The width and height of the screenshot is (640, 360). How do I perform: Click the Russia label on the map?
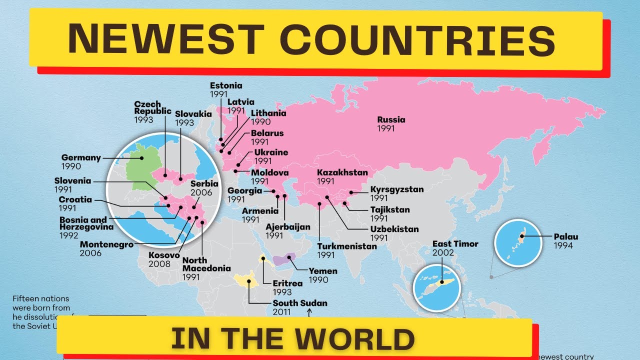[x=391, y=120]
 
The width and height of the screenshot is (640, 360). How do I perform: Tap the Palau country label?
[x=565, y=237]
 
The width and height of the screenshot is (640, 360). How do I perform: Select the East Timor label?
[x=455, y=244]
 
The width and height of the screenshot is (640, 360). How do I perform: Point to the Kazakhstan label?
[x=342, y=173]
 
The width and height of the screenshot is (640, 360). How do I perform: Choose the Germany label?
[x=81, y=157]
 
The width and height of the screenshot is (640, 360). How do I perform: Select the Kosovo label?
[x=164, y=255]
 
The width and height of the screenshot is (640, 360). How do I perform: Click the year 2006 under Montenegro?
[x=90, y=253]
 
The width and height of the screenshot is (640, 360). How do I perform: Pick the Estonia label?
[x=226, y=85]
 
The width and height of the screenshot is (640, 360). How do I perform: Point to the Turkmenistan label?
[x=347, y=246]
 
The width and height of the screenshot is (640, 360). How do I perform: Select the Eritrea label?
[x=287, y=283]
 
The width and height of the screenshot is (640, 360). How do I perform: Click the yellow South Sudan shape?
[x=242, y=279]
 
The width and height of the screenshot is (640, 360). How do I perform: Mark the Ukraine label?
[x=271, y=152]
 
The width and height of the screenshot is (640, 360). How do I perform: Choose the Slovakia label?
[x=193, y=114]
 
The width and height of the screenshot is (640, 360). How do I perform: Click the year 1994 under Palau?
[x=563, y=245]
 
